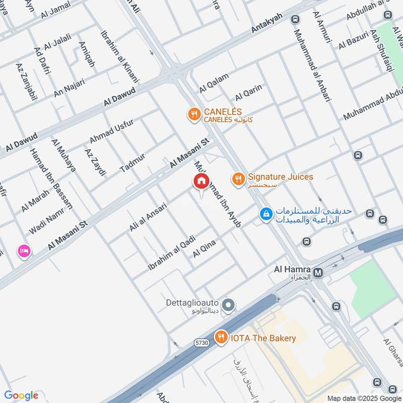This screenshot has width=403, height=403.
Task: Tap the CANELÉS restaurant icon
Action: click(193, 115)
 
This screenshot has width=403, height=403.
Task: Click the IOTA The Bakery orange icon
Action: click(221, 338)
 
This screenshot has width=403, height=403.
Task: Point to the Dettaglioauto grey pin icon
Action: click(229, 305)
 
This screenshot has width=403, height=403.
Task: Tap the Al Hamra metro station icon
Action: click(318, 274)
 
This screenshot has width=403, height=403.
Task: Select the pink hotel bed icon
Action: click(23, 250)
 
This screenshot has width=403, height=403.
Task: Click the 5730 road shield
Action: click(200, 343)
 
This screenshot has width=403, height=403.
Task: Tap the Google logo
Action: click(21, 395)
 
